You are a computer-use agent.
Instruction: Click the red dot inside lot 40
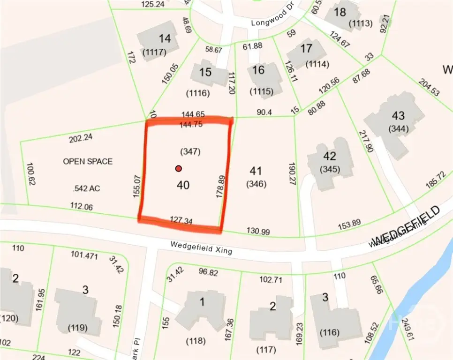(x=178, y=169)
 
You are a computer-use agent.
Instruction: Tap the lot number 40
(x=183, y=186)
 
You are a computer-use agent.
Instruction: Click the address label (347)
(x=190, y=152)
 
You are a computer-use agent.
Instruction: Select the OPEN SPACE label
(x=88, y=161)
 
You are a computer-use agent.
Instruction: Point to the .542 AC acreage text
(x=87, y=188)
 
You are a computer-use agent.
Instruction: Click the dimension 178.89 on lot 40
(x=219, y=187)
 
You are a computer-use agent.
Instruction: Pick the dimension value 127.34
(x=181, y=220)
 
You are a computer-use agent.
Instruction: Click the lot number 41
(x=256, y=172)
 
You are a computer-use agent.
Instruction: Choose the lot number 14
(x=165, y=39)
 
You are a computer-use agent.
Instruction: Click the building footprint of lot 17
(x=306, y=53)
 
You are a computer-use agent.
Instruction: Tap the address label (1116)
(x=197, y=93)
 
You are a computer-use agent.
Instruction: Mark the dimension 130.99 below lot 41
(x=259, y=231)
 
